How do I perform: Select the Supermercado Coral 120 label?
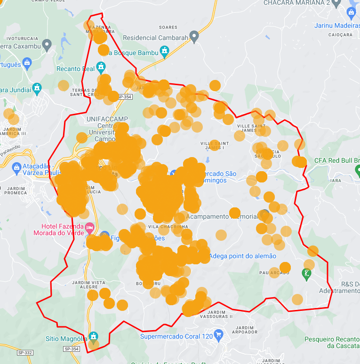click(x=176, y=336)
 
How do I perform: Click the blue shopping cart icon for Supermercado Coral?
click(x=218, y=335)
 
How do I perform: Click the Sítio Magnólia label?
click(x=66, y=339)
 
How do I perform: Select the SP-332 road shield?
click(x=25, y=353)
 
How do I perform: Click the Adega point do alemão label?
click(x=242, y=256)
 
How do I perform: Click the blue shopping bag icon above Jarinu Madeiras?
click(x=351, y=13)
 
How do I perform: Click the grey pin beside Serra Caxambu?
click(x=46, y=45)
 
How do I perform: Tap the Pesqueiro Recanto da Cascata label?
click(x=332, y=342)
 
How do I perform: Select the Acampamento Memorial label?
click(x=222, y=217)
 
